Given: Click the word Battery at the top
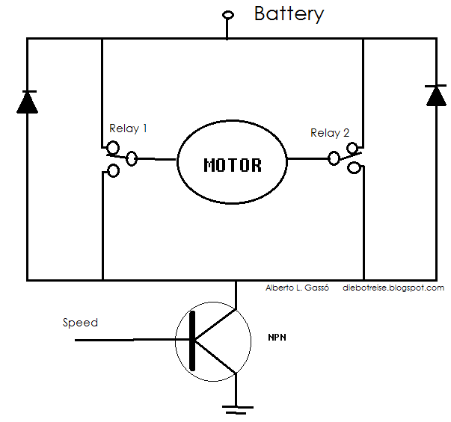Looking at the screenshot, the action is click(289, 14).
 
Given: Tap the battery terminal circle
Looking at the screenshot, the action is click(228, 15).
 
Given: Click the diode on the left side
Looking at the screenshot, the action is click(28, 102).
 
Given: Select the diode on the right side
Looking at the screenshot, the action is click(436, 96).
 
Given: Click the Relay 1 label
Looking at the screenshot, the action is click(128, 128).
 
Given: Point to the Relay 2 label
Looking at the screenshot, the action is click(330, 133).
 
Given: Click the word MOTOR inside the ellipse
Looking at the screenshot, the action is click(233, 165).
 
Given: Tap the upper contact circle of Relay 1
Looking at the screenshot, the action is click(113, 148).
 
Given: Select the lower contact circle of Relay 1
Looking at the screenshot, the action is click(113, 170).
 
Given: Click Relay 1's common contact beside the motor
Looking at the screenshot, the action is click(132, 158).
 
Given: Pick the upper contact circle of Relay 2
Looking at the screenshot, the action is click(352, 149).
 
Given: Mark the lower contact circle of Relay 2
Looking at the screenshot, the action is click(354, 167).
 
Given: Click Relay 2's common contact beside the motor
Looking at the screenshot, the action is click(334, 158).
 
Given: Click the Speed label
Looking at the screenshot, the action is click(80, 323).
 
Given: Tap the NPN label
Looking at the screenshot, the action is click(277, 338).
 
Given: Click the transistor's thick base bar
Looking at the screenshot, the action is click(192, 341).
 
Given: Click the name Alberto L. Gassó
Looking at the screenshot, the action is click(297, 288).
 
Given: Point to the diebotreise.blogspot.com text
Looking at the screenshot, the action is click(393, 288).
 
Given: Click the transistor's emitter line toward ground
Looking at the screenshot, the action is click(215, 357).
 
